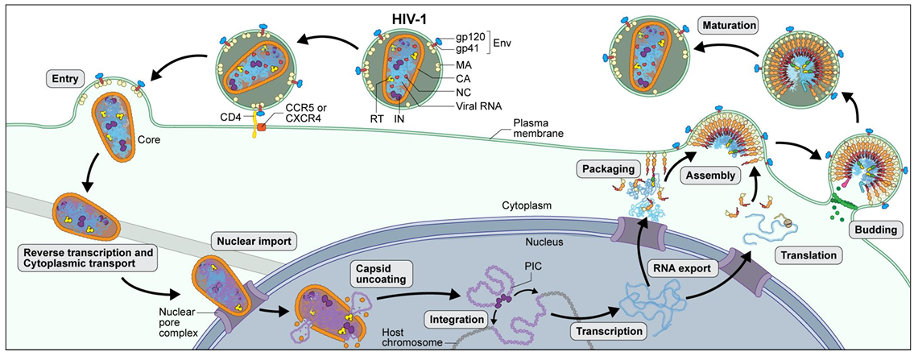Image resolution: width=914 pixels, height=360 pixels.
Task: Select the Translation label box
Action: pos(808,255)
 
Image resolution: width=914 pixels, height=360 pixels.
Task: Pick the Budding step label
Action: pos(875,230)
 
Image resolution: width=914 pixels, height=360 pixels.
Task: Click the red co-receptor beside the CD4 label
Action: pos(261,126)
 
